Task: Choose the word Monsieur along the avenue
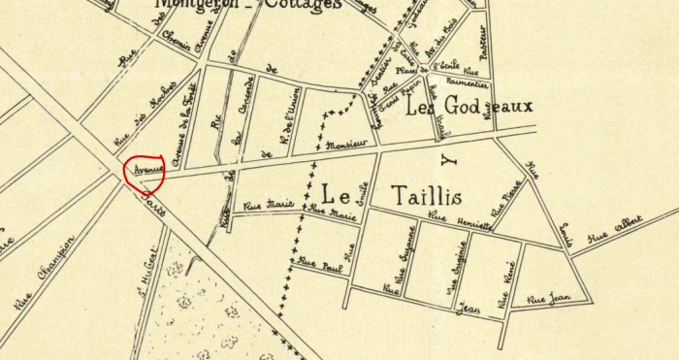[x=346, y=145]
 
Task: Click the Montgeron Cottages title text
[x=247, y=5]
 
